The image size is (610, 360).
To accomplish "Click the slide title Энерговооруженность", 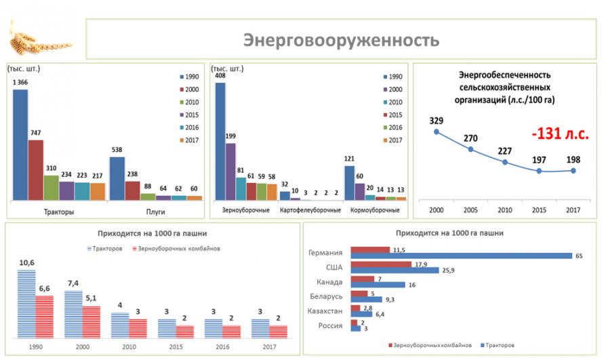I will [x=341, y=39].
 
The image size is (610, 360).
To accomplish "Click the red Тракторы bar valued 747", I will [x=35, y=170].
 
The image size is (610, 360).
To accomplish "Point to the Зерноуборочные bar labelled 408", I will [x=220, y=141].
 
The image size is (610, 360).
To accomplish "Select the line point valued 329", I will [x=436, y=131].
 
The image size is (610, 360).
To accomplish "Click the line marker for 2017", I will [x=573, y=170].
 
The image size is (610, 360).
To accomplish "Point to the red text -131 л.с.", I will [x=560, y=134].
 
